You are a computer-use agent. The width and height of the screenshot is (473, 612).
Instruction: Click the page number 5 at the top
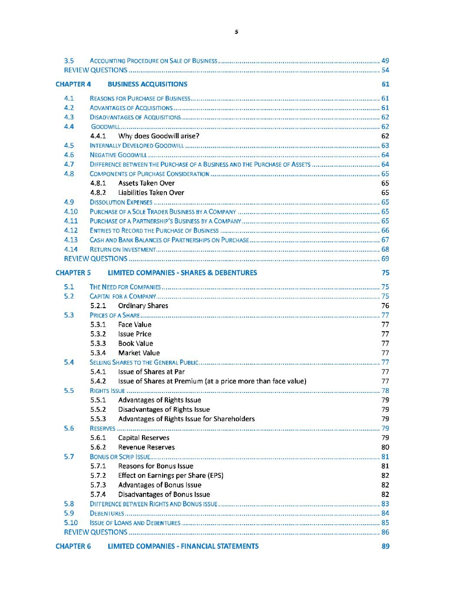236,32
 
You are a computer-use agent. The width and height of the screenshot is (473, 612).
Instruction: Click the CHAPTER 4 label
73,84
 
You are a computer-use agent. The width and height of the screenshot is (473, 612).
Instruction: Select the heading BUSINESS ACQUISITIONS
147,84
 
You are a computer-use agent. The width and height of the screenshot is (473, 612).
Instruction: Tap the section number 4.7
69,164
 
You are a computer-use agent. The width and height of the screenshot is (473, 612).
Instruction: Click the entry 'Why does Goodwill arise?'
159,136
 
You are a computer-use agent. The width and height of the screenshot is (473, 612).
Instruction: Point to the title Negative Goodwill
118,155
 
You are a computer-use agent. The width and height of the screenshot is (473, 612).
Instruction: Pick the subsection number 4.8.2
98,193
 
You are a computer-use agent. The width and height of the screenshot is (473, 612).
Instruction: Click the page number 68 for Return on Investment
385,249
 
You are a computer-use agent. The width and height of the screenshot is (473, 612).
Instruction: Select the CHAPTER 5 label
73,273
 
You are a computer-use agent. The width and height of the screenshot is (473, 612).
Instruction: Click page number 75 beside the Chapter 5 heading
385,273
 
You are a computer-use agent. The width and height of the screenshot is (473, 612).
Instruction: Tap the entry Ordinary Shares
143,306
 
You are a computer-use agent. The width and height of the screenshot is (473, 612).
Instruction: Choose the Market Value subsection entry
139,353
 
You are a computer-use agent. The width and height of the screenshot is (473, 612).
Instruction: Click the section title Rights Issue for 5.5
107,391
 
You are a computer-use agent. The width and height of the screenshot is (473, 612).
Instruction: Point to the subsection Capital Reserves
143,438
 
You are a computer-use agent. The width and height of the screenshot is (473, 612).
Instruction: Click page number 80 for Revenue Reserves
385,447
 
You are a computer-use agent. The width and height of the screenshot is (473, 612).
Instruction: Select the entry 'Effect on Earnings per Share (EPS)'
170,476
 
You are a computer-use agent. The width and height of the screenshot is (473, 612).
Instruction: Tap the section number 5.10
70,523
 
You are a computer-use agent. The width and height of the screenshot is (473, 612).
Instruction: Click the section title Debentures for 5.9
107,513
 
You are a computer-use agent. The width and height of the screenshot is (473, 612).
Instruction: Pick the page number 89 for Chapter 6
385,546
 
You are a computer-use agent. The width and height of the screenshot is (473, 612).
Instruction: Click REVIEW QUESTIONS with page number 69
96,259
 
